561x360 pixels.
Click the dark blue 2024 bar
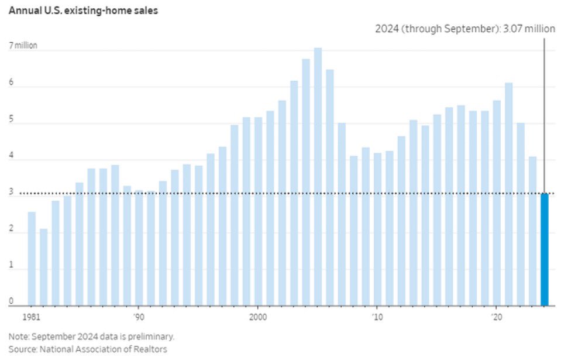click(545, 249)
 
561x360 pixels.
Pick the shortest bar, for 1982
click(43, 267)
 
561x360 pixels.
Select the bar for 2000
click(258, 211)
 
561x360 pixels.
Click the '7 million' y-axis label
click(23, 45)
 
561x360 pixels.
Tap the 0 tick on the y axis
click(11, 301)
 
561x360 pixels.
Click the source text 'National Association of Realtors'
click(102, 349)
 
